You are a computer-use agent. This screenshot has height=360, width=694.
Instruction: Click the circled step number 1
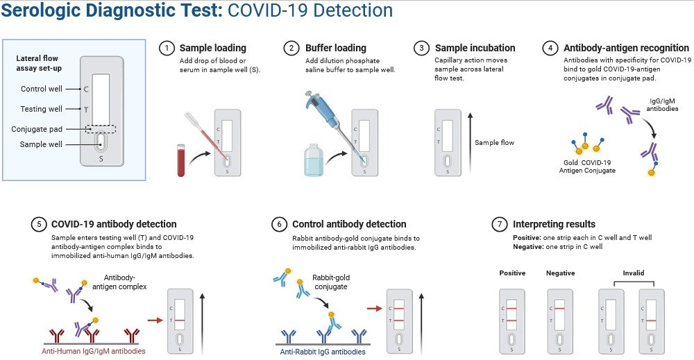pos(167,49)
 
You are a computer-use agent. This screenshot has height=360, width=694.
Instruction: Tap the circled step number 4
pos(550,49)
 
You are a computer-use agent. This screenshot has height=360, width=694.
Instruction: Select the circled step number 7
pos(500,224)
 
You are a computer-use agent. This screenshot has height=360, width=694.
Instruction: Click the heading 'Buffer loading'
pos(335,49)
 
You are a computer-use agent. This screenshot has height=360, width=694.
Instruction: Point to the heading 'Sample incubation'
pos(475,49)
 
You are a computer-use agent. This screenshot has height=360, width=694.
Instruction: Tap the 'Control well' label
pos(42,89)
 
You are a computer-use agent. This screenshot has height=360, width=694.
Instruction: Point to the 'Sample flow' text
pos(494,143)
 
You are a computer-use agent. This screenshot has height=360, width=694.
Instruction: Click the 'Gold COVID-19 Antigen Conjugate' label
pos(587,166)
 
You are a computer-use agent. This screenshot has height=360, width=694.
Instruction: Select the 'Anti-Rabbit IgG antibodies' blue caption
pos(323,352)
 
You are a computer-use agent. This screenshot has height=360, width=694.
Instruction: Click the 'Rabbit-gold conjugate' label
pos(332,282)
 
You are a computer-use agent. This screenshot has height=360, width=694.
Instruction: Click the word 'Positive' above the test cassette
pos(512,273)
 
